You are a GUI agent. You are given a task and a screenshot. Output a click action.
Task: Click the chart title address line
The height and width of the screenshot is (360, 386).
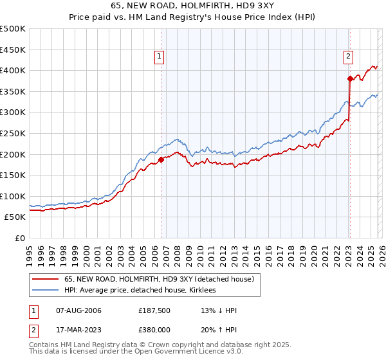[x=192, y=7]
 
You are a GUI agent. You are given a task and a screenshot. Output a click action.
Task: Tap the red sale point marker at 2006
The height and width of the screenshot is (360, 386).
[x=161, y=159]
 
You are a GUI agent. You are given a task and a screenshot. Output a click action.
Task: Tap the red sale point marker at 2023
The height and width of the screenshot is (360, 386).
[x=350, y=79]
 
